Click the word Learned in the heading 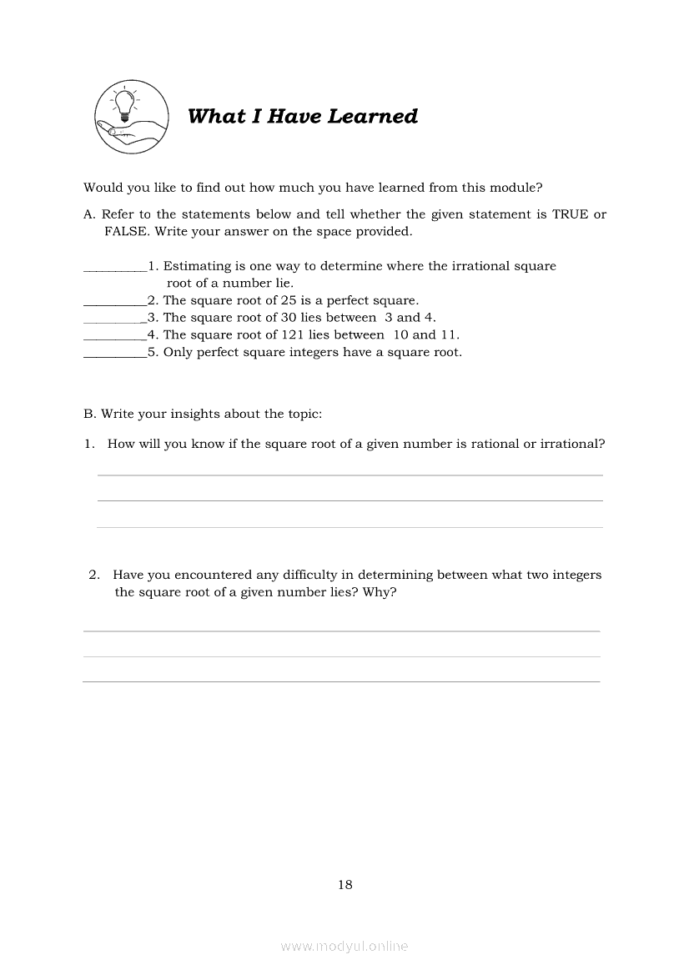[x=373, y=117]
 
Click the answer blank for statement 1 [x=115, y=268]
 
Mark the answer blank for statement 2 [x=115, y=302]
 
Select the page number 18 [x=345, y=885]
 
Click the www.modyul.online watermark [x=344, y=946]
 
